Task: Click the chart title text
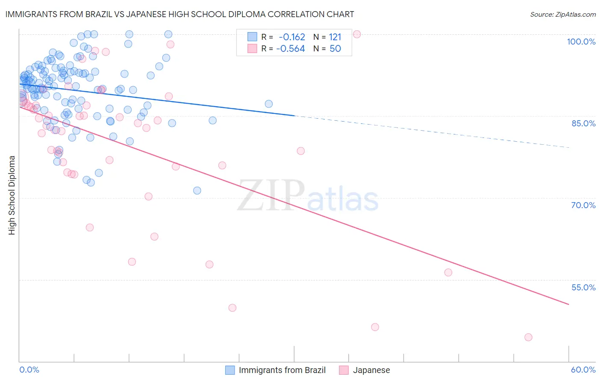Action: click(179, 14)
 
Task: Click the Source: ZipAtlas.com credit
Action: click(563, 15)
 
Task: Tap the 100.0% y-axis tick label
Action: click(581, 42)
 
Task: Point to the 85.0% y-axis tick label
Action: click(583, 123)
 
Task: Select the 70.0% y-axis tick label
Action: click(583, 205)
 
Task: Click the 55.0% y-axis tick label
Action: click(583, 287)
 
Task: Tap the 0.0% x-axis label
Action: click(29, 370)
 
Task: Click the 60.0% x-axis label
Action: click(583, 370)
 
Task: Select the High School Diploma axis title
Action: click(12, 195)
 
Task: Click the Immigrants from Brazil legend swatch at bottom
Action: click(230, 370)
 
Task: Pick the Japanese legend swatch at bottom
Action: click(344, 370)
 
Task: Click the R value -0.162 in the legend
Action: click(292, 37)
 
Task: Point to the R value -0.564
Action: click(291, 49)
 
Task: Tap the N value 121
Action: click(335, 37)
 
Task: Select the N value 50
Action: click(335, 49)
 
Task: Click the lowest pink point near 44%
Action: click(528, 337)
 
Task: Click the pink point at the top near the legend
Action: click(356, 34)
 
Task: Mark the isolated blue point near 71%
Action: click(197, 191)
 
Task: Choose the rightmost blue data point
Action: click(268, 104)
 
